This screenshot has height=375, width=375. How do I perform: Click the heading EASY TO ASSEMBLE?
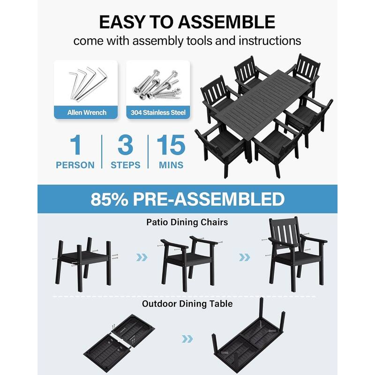coord(187,22)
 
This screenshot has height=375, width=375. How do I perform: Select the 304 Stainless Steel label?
coord(158,112)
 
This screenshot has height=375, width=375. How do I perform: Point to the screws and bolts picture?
coord(158,83)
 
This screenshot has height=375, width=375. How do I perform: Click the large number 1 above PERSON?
coord(75,146)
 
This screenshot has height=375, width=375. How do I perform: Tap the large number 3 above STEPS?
coord(125,146)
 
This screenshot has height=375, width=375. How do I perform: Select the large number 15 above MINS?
coord(171,146)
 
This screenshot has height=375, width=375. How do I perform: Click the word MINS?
coord(171,165)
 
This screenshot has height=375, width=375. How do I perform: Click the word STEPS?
coord(125,165)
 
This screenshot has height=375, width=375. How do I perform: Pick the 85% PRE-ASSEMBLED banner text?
coord(187,199)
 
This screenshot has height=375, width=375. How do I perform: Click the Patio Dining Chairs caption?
coord(187,222)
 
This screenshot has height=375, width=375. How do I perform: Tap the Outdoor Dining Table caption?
coord(187,304)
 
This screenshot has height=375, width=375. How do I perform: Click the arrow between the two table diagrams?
coord(187,338)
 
